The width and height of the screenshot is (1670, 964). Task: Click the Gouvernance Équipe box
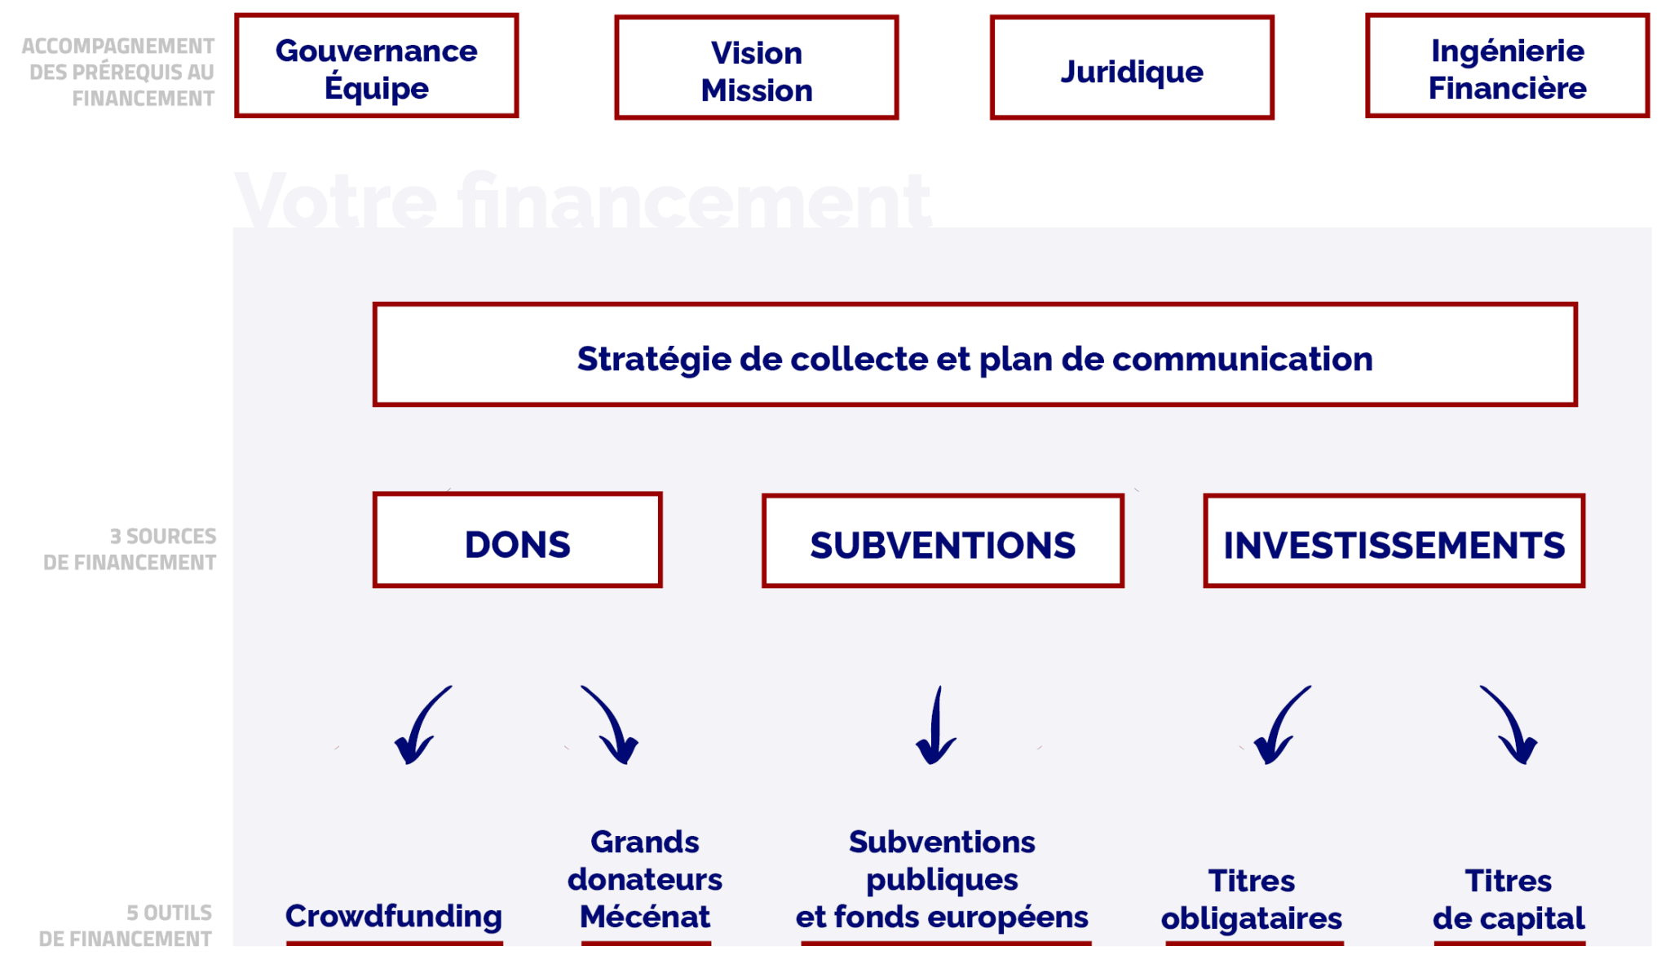pyautogui.click(x=377, y=66)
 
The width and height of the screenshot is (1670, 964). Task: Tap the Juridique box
pyautogui.click(x=1132, y=69)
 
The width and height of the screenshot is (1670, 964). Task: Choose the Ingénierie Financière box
pyautogui.click(x=1508, y=66)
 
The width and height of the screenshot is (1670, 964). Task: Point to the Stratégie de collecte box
pyautogui.click(x=974, y=356)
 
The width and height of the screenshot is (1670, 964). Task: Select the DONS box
pyautogui.click(x=517, y=541)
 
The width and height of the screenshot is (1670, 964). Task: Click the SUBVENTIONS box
pyautogui.click(x=943, y=542)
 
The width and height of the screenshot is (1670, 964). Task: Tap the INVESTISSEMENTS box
pyautogui.click(x=1394, y=542)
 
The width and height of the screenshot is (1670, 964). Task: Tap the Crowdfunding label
pyautogui.click(x=394, y=917)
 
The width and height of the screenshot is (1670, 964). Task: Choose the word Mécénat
pyautogui.click(x=645, y=918)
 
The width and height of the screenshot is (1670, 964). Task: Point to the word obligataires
pyautogui.click(x=1252, y=919)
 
